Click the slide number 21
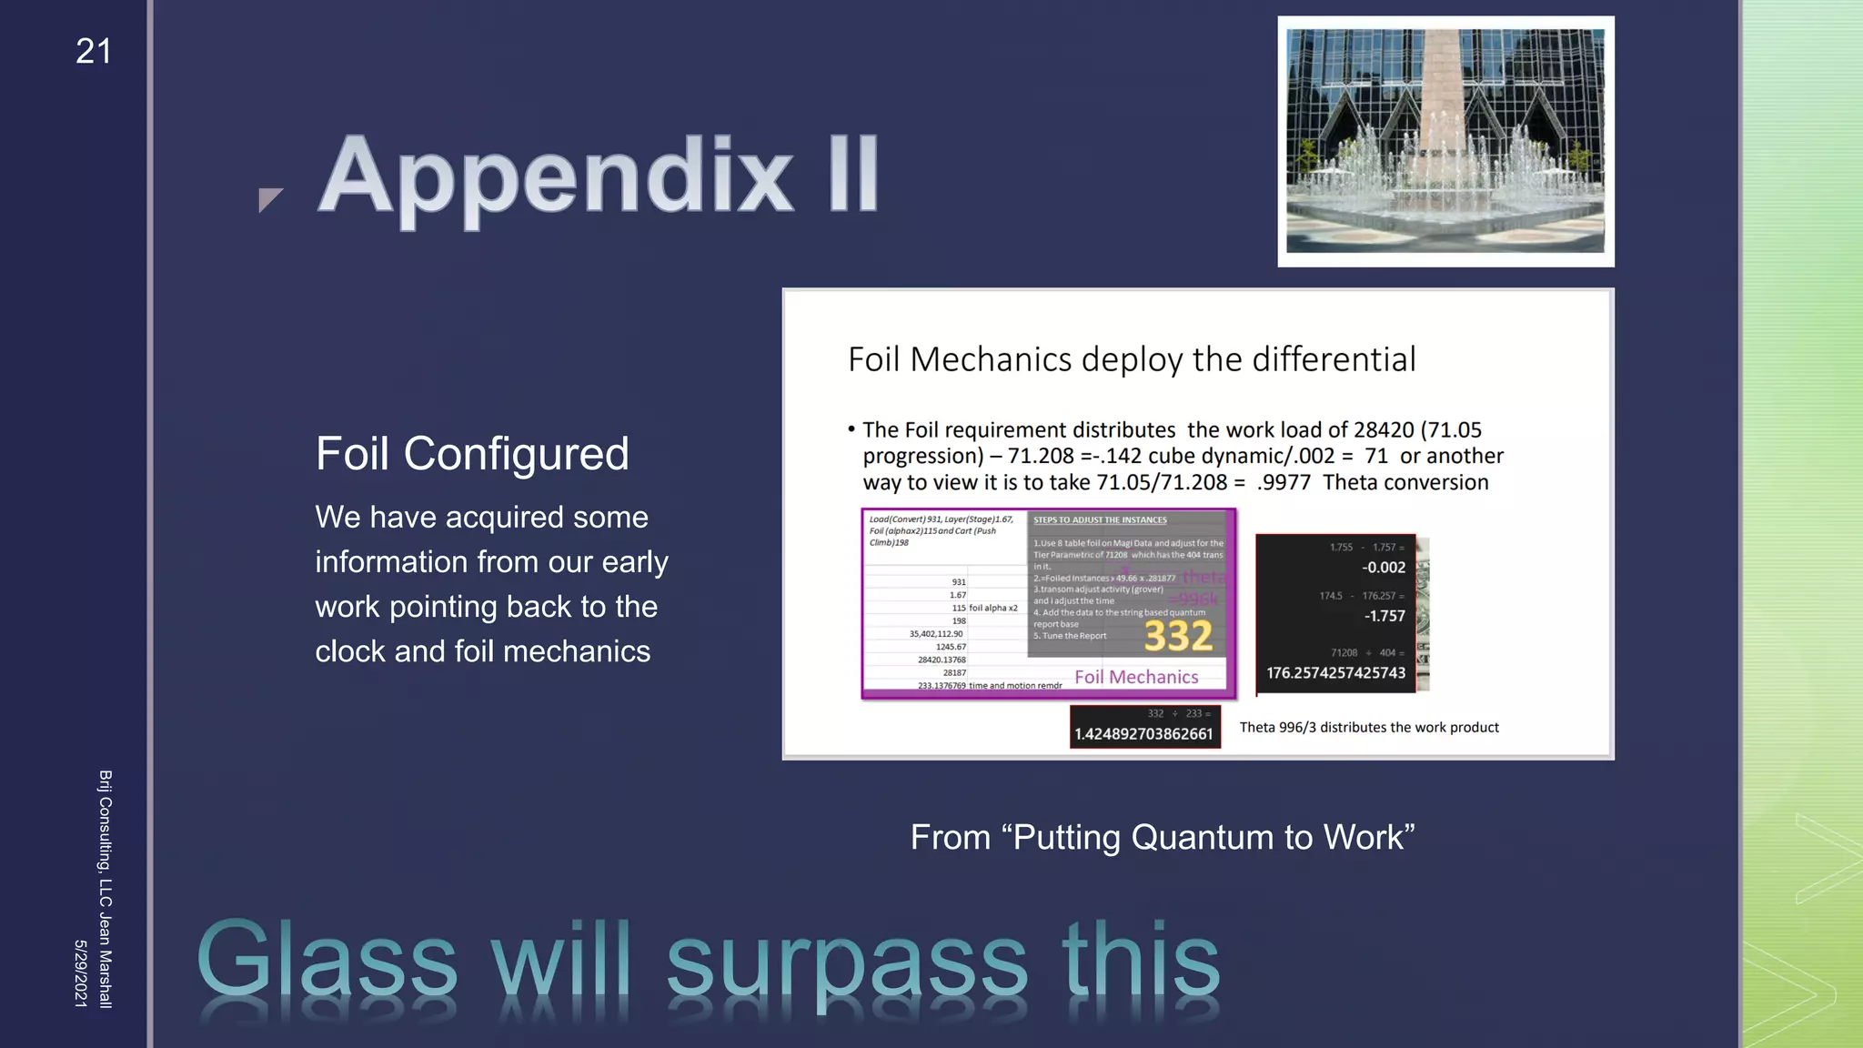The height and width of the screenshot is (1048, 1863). point(93,52)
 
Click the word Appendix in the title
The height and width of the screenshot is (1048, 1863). point(556,176)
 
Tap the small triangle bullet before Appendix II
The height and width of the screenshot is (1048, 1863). point(269,198)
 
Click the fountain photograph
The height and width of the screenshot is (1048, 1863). point(1445,141)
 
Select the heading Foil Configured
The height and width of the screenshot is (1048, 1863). point(471,453)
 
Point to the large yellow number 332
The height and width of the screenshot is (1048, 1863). point(1178,636)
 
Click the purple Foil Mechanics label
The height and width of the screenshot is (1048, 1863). point(1136,677)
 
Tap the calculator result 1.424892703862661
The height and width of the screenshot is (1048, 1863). point(1143,734)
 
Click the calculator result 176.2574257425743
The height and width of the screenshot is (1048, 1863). point(1335,673)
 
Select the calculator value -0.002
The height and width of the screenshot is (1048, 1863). point(1383,568)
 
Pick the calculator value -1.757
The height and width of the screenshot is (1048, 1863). point(1384,616)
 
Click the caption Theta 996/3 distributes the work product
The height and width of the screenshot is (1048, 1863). point(1368,727)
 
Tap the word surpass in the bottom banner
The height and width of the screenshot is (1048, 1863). point(846,962)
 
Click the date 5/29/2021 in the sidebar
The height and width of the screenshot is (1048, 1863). point(80,973)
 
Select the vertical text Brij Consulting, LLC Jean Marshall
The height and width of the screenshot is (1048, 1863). point(105,889)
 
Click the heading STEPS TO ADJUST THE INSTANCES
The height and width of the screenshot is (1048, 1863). point(1100,520)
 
